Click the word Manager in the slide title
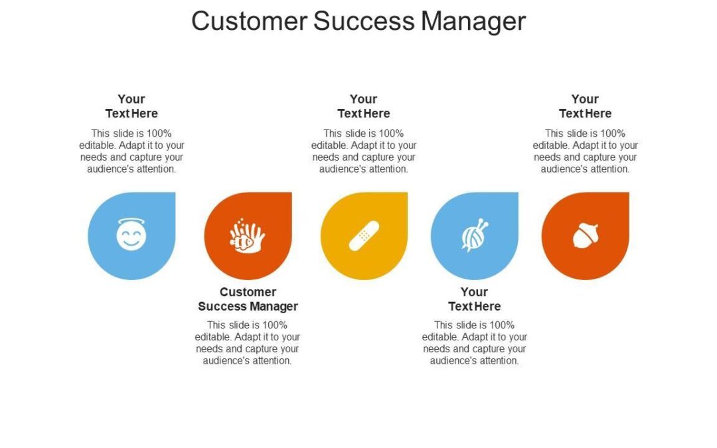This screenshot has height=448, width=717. coord(473,21)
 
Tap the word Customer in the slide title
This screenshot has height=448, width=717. coord(250,21)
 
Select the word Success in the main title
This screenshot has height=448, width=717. coord(364,21)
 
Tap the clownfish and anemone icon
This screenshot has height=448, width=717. coord(247,237)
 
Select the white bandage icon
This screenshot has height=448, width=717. coord(364,236)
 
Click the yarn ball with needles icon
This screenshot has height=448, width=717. coord(474,236)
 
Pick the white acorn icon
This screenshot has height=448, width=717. coord(585,236)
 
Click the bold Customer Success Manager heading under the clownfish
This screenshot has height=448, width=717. coord(248,299)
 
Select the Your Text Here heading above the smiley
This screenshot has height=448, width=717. coord(131,106)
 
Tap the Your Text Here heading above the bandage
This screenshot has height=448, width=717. coord(364,106)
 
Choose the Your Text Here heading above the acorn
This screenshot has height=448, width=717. coord(585,106)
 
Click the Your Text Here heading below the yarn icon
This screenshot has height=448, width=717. coord(474,299)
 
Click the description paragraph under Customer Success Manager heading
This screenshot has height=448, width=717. coord(248,343)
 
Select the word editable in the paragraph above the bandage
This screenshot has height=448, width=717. coord(330,145)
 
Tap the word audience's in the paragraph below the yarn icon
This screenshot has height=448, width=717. coord(453,361)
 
